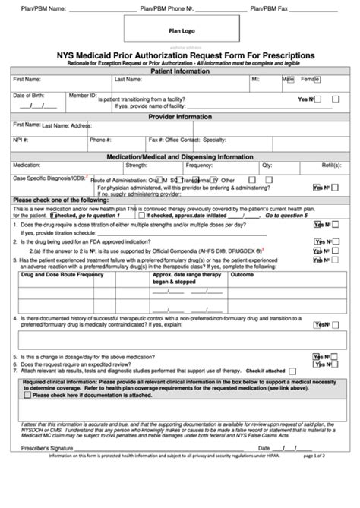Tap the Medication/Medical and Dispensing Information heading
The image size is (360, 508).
click(x=180, y=155)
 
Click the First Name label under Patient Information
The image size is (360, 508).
click(x=27, y=78)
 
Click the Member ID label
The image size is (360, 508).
click(x=83, y=97)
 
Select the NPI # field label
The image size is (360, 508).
click(x=21, y=140)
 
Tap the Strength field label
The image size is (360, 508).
click(x=137, y=165)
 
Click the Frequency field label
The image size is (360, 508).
click(x=199, y=165)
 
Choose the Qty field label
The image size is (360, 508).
click(x=267, y=165)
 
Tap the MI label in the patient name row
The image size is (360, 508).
click(x=255, y=78)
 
